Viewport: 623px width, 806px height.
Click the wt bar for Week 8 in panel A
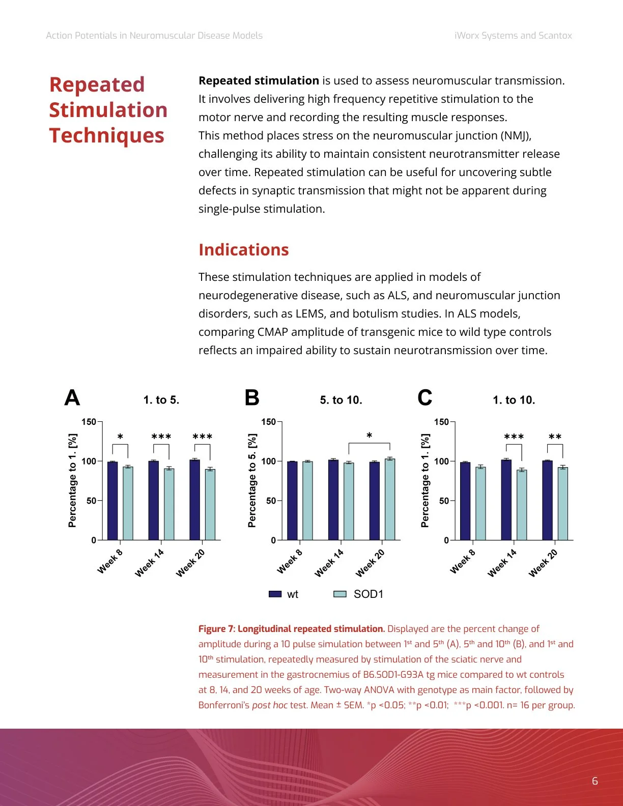coord(112,501)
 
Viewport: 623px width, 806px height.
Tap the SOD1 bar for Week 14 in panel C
coord(522,505)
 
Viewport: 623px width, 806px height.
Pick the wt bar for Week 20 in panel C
coord(548,500)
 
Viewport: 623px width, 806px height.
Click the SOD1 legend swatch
coord(339,594)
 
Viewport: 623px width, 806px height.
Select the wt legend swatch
coord(275,594)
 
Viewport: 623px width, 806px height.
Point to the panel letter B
coord(252,398)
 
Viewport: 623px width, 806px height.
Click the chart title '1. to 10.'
coord(514,400)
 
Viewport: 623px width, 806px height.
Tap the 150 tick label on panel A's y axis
coord(89,422)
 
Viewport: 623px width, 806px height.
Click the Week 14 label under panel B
coord(329,563)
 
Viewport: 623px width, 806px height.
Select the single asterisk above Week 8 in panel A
coord(120,437)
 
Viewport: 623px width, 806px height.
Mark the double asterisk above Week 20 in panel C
coord(555,437)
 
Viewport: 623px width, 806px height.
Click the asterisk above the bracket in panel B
coord(369,436)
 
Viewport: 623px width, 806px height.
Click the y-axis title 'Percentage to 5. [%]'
coord(252,480)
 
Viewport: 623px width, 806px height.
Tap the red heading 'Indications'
coord(243,250)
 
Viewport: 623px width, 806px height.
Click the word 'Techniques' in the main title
coord(107,135)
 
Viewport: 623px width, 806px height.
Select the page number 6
coord(594,781)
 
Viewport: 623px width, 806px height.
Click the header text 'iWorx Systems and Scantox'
coord(513,36)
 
